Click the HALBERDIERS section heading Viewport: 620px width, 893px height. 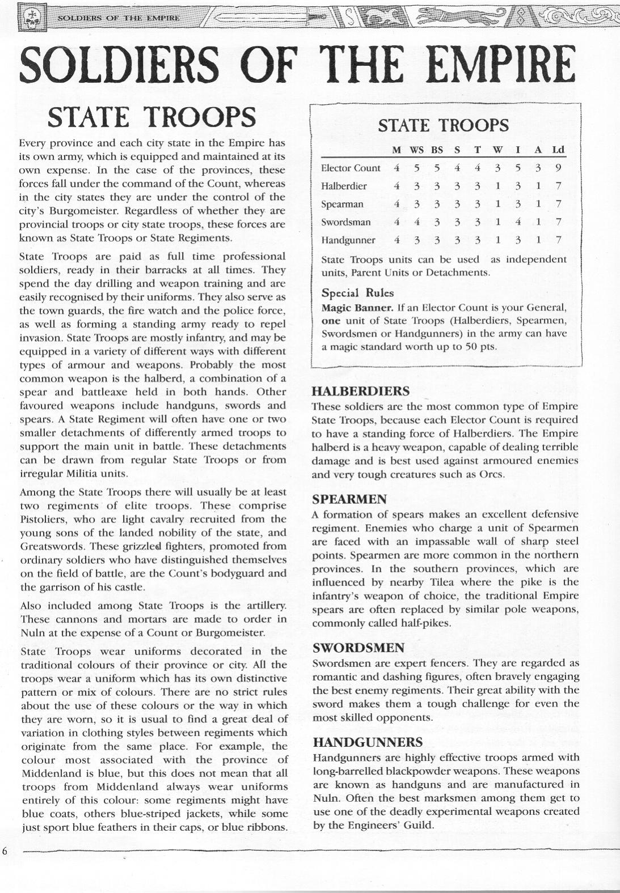pyautogui.click(x=361, y=391)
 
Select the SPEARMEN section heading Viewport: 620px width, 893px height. pyautogui.click(x=349, y=499)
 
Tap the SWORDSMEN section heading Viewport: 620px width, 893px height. pyautogui.click(x=358, y=648)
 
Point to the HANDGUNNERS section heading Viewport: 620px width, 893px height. pyautogui.click(x=368, y=742)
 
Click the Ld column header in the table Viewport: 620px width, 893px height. pyautogui.click(x=559, y=150)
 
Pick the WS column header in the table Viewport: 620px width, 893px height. pyautogui.click(x=416, y=150)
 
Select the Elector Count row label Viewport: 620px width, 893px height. pyautogui.click(x=351, y=168)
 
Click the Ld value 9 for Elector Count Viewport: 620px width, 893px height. pyautogui.click(x=559, y=168)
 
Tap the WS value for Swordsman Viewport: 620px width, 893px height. pyautogui.click(x=416, y=222)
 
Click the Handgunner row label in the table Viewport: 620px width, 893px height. pyautogui.click(x=348, y=240)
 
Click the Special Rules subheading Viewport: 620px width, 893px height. pyautogui.click(x=357, y=293)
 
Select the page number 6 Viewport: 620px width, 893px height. pyautogui.click(x=5, y=852)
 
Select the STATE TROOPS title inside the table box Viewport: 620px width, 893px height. pyautogui.click(x=443, y=125)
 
